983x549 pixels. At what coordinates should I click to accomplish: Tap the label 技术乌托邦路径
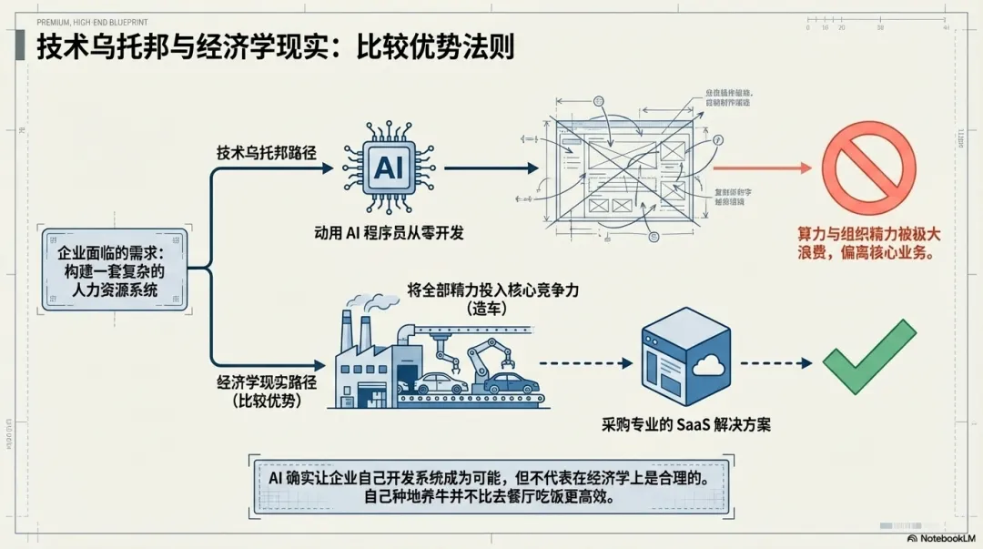pyautogui.click(x=266, y=152)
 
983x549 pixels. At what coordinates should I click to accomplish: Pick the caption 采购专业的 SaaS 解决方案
pyautogui.click(x=686, y=424)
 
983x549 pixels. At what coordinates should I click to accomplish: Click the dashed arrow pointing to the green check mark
pyautogui.click(x=773, y=362)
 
